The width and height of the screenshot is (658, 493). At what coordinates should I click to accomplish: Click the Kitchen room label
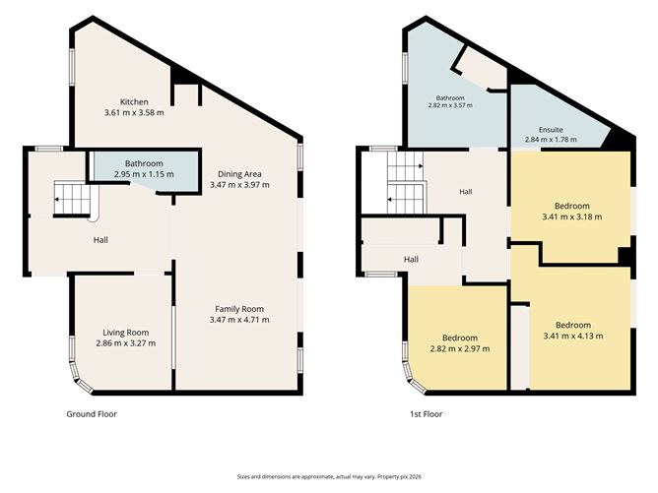[x=134, y=102]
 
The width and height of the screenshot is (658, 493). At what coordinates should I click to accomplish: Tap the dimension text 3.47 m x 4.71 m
[x=239, y=320]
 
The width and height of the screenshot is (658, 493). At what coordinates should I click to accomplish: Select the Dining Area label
[x=239, y=174]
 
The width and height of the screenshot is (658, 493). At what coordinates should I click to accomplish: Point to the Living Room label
[x=126, y=333]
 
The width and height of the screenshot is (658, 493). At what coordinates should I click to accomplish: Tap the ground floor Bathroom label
[x=144, y=163]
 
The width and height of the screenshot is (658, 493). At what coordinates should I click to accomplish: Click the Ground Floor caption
[x=92, y=414]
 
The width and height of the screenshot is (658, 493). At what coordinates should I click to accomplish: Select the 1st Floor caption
[x=426, y=414]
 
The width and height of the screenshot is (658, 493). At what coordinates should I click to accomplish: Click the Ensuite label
[x=551, y=130]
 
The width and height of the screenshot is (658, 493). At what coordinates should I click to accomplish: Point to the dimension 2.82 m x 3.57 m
[x=450, y=105]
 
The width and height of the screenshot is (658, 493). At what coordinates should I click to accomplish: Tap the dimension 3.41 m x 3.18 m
[x=572, y=216]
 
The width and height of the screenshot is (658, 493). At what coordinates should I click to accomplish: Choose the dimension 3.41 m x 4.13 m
[x=573, y=336]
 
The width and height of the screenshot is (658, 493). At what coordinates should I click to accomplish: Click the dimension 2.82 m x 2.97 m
[x=459, y=348]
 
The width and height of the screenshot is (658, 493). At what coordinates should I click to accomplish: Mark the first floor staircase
[x=406, y=183]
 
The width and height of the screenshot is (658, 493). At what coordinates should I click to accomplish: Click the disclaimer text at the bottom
[x=329, y=476]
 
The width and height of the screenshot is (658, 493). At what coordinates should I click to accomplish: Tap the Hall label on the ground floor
[x=100, y=240]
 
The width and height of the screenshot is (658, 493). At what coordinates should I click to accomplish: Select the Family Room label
[x=239, y=309]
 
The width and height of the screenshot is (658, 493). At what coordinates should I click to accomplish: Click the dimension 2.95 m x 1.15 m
[x=144, y=174]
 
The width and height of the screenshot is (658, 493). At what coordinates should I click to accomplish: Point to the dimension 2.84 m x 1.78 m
[x=551, y=140]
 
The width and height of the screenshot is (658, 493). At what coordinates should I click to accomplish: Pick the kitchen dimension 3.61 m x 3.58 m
[x=134, y=113]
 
